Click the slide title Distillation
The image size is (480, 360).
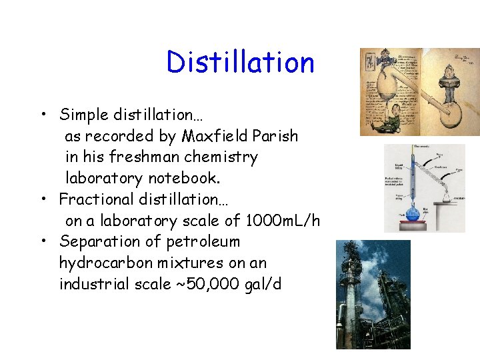click(x=240, y=63)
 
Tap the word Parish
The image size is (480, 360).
click(x=275, y=136)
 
